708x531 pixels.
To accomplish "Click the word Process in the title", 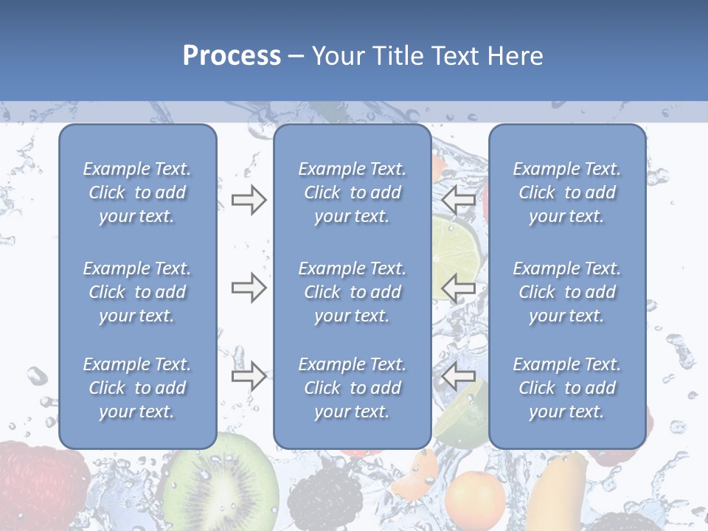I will click(232, 56).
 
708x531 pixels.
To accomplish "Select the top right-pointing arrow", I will click(249, 200).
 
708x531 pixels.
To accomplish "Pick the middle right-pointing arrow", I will click(249, 288).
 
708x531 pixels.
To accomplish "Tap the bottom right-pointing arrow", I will click(249, 376).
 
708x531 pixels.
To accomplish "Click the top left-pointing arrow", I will click(458, 200).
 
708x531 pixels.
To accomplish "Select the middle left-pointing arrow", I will click(458, 288).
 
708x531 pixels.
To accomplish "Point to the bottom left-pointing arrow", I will click(458, 376).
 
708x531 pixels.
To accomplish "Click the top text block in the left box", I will click(137, 192).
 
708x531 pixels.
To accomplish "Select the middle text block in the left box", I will click(137, 292).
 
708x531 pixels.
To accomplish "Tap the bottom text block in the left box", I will click(137, 388).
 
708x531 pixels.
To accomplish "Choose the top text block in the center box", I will click(353, 192).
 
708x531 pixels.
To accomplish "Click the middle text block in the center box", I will click(353, 292).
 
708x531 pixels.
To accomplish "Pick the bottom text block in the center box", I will click(353, 388).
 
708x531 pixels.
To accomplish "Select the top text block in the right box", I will click(567, 192).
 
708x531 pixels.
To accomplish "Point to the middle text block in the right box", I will click(567, 292).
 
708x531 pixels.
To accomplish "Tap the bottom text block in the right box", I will click(567, 388).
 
